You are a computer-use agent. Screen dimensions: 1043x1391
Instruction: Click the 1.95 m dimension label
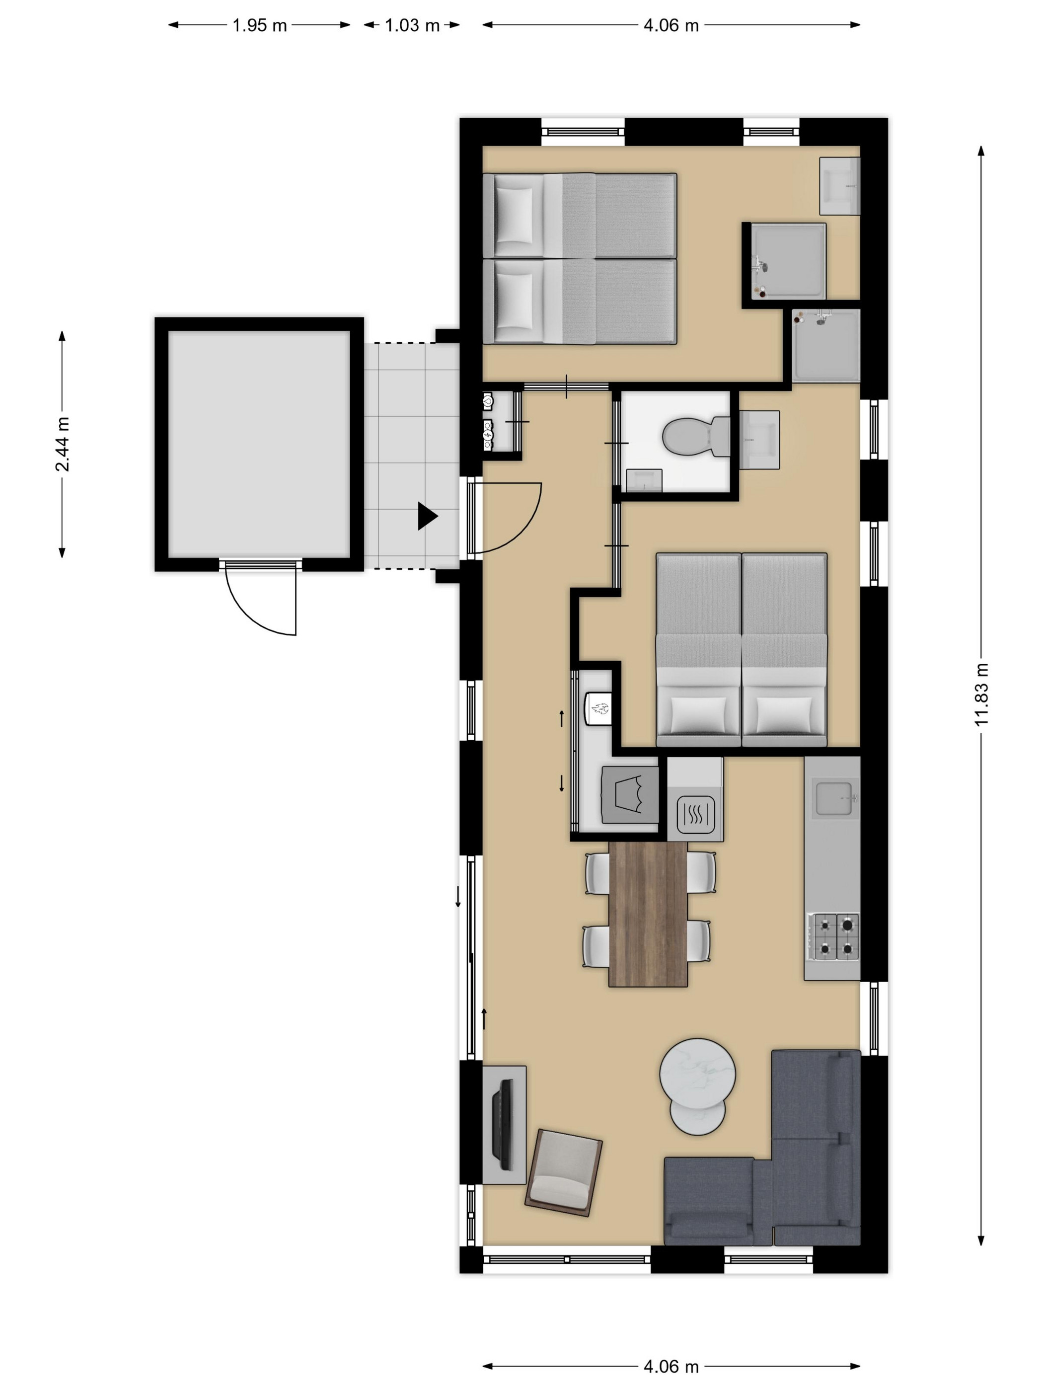tap(259, 26)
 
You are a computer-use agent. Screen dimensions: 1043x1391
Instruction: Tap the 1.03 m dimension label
tap(412, 26)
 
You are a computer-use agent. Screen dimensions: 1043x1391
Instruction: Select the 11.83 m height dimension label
tap(981, 694)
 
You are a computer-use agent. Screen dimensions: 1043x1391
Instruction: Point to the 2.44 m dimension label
tap(62, 444)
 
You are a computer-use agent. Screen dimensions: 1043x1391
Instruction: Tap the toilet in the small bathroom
tap(696, 435)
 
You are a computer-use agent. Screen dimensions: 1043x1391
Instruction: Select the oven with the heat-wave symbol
tap(695, 816)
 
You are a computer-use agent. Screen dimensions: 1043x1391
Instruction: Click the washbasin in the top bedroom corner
tap(839, 186)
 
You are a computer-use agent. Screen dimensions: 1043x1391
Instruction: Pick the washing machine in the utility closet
tap(630, 795)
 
